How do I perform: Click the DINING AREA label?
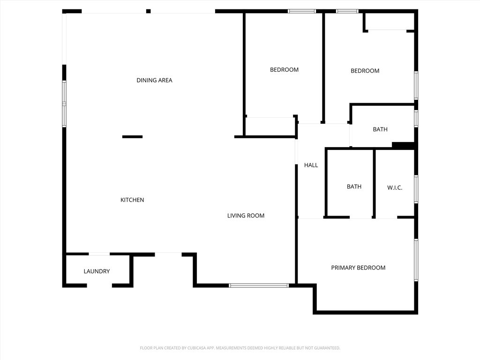154,80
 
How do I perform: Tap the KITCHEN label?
132,200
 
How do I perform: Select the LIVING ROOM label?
246,216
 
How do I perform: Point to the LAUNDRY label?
97,271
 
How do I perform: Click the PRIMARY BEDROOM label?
358,268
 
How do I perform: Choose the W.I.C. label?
395,187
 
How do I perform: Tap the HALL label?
311,165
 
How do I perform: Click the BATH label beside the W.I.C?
354,187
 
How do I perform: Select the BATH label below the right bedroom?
380,129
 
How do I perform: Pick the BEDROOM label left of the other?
284,70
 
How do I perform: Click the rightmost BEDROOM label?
365,71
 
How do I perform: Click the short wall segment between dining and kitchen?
132,137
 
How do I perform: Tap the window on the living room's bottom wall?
259,285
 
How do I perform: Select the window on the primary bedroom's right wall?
416,260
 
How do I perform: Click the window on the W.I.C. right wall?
416,189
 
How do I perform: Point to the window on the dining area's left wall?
64,104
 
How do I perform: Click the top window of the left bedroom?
301,11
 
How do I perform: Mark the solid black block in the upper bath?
403,145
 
